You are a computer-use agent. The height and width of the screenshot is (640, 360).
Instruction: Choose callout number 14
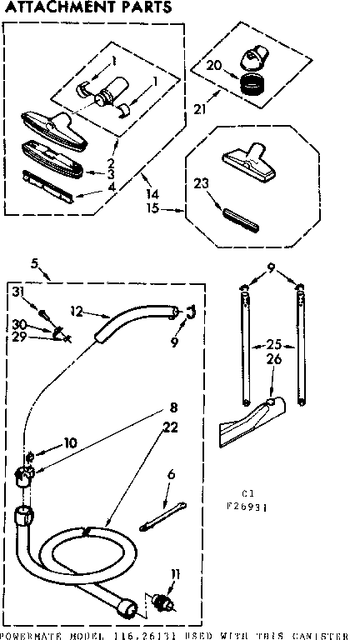click(x=152, y=193)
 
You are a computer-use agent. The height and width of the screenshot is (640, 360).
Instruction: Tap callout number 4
click(x=110, y=187)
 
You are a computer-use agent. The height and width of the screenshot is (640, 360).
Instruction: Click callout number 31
click(x=17, y=290)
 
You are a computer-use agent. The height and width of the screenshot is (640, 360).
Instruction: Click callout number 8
click(x=173, y=408)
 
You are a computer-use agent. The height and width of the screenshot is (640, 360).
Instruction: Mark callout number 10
click(x=70, y=443)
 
